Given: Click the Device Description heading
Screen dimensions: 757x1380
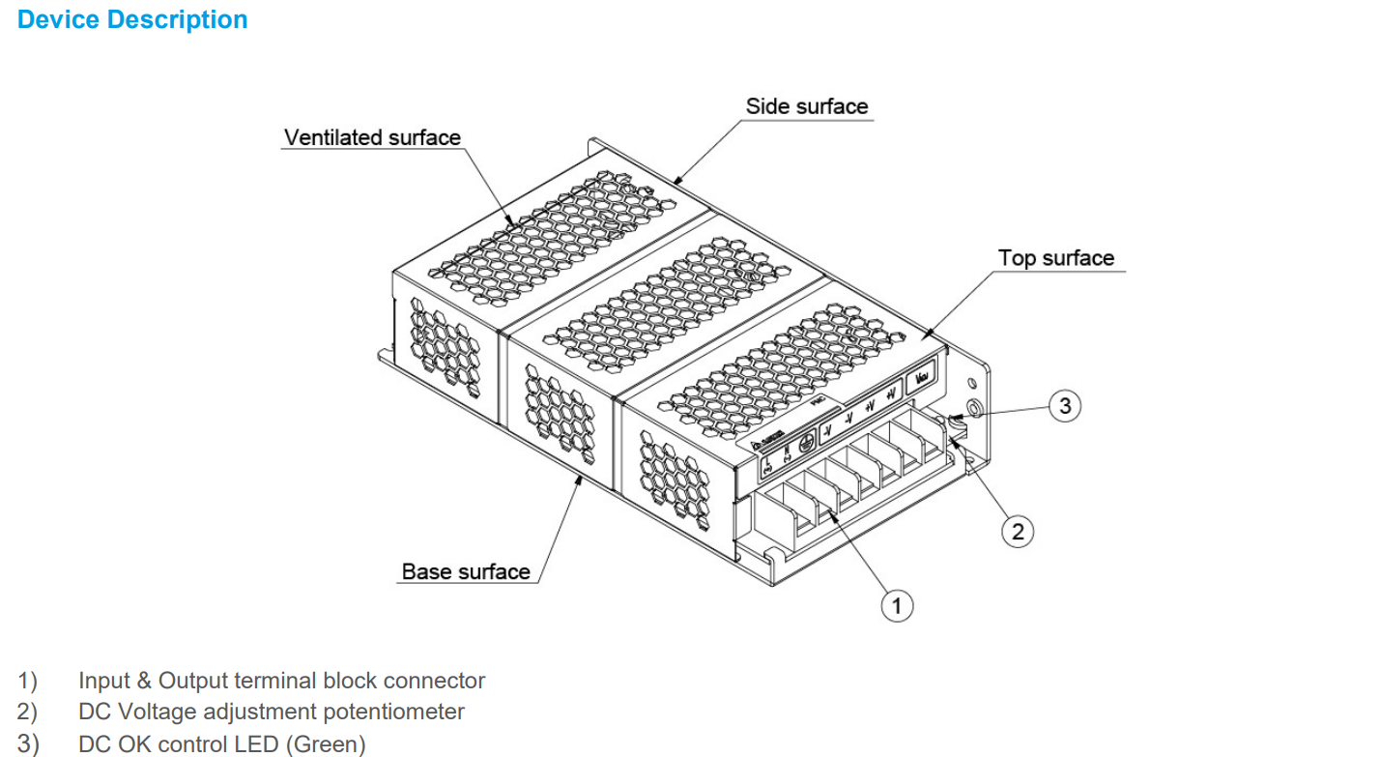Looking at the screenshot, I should [x=132, y=20].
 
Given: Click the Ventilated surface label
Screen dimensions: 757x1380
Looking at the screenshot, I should [x=372, y=137].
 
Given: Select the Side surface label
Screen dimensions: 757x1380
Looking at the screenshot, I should [x=807, y=106].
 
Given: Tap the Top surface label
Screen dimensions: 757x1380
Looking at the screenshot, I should [x=1055, y=258].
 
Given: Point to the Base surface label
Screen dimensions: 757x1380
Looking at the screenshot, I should [x=466, y=571].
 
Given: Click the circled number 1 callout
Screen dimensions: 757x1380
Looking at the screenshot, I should [x=897, y=606].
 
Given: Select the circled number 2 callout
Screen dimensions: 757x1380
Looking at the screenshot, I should [x=1017, y=531].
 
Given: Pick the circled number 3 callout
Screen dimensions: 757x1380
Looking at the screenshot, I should [x=1065, y=406].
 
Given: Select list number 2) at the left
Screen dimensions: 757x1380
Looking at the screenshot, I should [x=27, y=713].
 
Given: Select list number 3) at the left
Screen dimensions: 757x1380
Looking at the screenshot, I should [x=27, y=744].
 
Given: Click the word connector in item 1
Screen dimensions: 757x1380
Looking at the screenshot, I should [x=441, y=682].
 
